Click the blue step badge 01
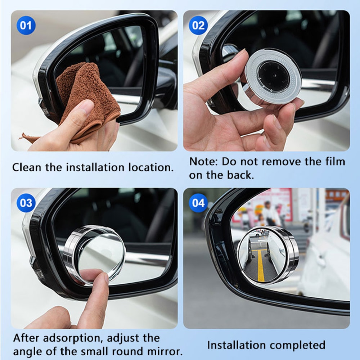(26, 26)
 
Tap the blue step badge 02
(198, 26)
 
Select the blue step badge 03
(26, 203)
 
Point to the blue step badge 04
(198, 203)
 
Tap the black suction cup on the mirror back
(273, 76)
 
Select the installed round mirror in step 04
(267, 255)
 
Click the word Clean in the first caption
(27, 167)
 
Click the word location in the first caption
(151, 167)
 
